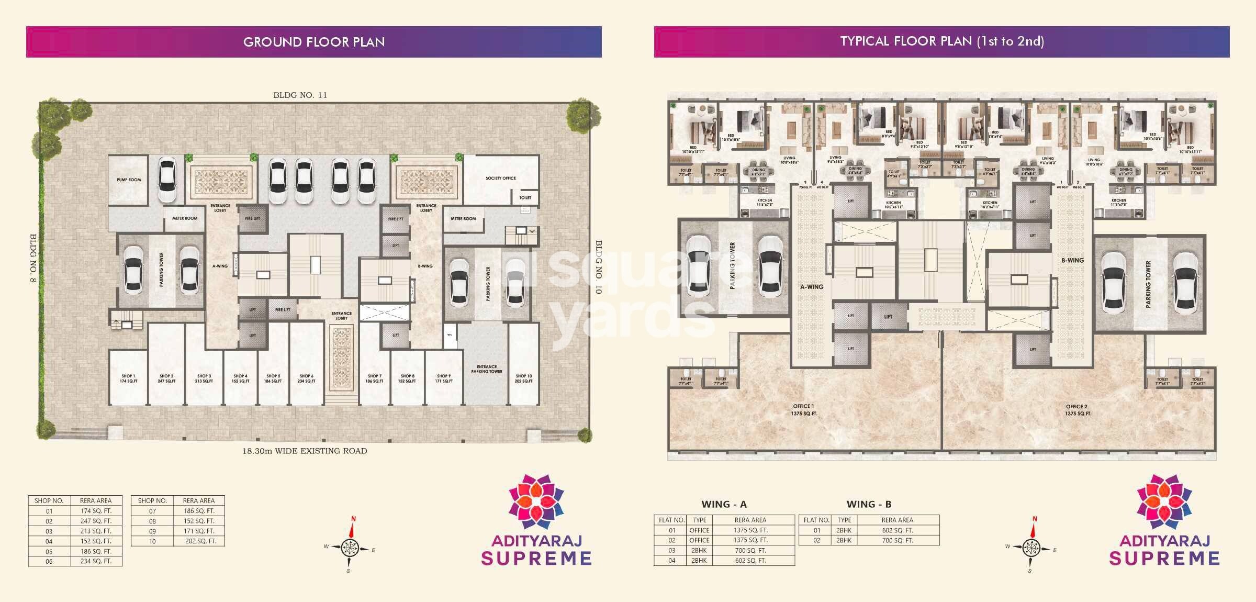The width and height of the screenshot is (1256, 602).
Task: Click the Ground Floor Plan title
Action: pyautogui.click(x=314, y=42)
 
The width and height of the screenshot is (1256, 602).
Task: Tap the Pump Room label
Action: pyautogui.click(x=129, y=180)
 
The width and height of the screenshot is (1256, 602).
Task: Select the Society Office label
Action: pyautogui.click(x=500, y=178)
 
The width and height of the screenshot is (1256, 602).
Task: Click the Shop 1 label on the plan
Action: pyautogui.click(x=128, y=378)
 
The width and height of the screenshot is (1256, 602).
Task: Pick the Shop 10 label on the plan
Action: pyautogui.click(x=523, y=378)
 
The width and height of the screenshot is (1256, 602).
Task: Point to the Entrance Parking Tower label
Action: pyautogui.click(x=487, y=369)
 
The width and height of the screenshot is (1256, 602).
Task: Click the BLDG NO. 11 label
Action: pyautogui.click(x=300, y=95)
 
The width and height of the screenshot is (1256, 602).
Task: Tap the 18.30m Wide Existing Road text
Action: pyautogui.click(x=305, y=451)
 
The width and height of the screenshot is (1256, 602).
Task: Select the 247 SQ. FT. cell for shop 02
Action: pyautogui.click(x=96, y=521)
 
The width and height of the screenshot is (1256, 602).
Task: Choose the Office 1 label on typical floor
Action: pyautogui.click(x=804, y=409)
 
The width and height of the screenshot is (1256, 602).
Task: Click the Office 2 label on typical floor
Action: pyautogui.click(x=1078, y=409)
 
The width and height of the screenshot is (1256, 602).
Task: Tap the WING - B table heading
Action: pyautogui.click(x=869, y=504)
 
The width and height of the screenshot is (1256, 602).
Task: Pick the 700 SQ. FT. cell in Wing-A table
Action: pyautogui.click(x=750, y=550)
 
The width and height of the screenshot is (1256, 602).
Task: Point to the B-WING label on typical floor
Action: pyautogui.click(x=1072, y=260)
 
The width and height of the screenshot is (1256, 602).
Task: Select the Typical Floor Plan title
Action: pyautogui.click(x=942, y=42)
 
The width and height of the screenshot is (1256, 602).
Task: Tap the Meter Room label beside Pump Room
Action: pyautogui.click(x=185, y=218)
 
